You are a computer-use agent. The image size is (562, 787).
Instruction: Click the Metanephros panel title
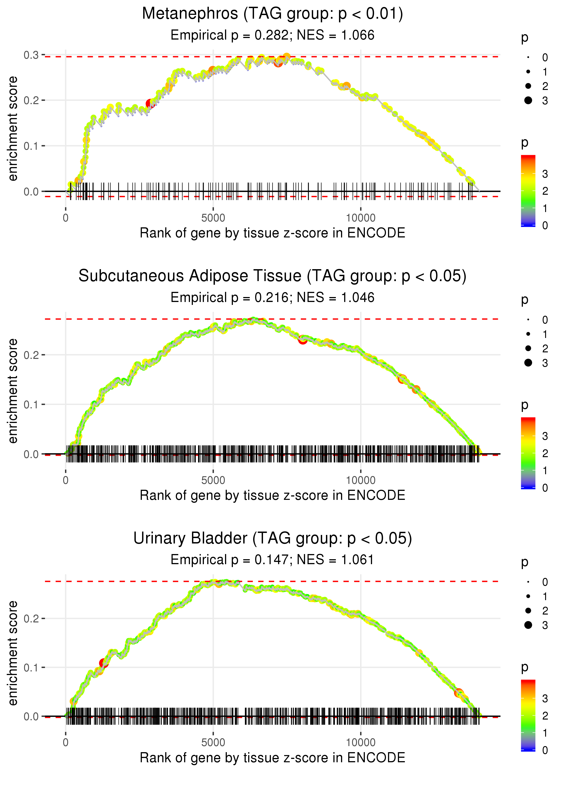tap(272, 14)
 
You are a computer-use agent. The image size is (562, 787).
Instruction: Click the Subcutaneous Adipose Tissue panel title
tap(272, 276)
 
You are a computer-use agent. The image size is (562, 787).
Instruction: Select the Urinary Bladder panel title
tap(272, 539)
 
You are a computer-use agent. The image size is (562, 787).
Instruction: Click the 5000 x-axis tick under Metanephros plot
tap(213, 218)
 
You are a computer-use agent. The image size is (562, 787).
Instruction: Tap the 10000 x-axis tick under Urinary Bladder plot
tap(361, 743)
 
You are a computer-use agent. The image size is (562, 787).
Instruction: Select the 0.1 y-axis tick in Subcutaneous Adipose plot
tap(31, 405)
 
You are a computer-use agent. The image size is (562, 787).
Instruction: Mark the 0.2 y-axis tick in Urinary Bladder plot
tap(31, 618)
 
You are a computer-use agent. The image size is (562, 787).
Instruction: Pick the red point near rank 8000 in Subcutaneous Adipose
tap(303, 340)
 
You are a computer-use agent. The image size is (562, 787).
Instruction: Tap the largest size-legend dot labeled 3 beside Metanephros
tap(528, 100)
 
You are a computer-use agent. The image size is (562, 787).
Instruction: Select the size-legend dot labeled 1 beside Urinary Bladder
tap(528, 596)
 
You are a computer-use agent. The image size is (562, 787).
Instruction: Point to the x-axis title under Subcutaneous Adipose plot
tap(272, 495)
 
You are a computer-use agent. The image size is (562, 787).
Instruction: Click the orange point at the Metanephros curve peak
tap(287, 57)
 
